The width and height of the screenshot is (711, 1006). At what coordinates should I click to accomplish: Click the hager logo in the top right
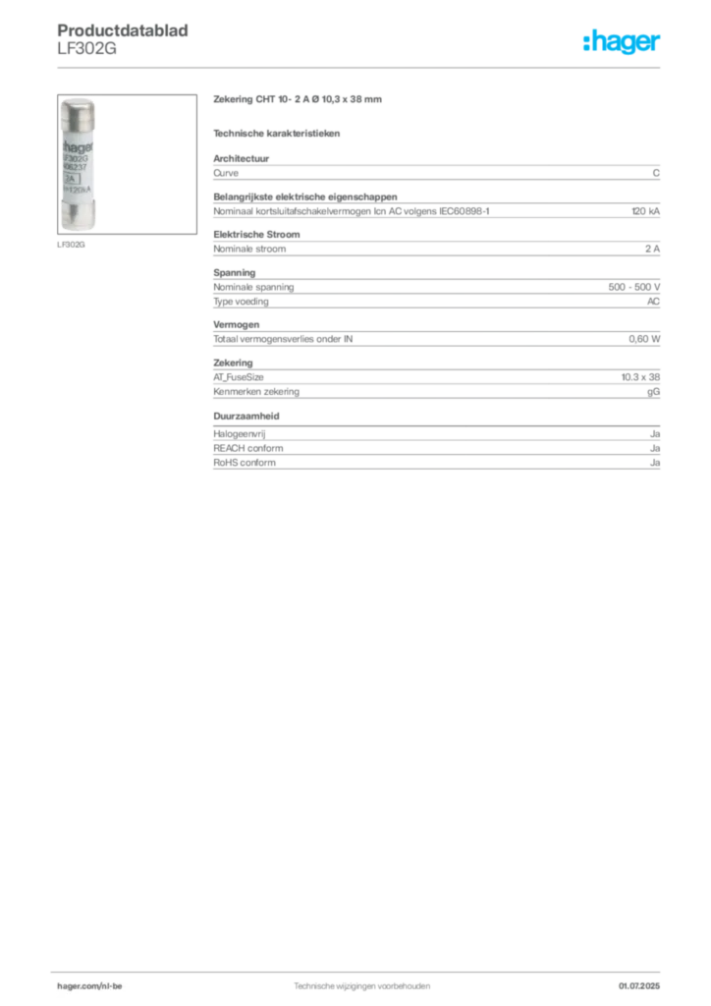(621, 41)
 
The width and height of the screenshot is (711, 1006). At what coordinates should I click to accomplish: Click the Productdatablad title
(123, 30)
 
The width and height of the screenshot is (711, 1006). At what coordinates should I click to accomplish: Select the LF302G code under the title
(86, 49)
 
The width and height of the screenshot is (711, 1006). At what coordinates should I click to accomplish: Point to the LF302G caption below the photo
(71, 245)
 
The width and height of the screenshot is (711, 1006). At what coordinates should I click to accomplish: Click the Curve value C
(656, 173)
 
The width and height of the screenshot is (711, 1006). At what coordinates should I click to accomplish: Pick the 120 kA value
(645, 211)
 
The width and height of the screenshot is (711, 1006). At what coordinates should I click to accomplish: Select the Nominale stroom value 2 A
(652, 249)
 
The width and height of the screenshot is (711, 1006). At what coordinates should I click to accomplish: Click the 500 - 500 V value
(634, 287)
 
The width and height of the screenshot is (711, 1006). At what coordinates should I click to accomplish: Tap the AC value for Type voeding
(653, 302)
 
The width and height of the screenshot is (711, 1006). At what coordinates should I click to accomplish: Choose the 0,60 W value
(644, 339)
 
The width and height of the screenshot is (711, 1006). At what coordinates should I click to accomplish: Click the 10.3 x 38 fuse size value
(640, 377)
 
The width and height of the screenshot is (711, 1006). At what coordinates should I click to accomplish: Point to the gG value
(653, 392)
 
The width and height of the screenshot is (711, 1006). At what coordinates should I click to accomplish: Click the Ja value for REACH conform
(655, 448)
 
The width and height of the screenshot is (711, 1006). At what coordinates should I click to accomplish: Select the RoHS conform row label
(245, 463)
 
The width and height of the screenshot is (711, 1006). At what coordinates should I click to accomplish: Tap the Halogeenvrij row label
(240, 434)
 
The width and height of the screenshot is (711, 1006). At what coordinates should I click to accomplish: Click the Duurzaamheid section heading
(246, 416)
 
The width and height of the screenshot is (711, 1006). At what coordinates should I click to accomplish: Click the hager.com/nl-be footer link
(89, 986)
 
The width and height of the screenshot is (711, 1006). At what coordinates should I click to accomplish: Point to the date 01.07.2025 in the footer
(639, 986)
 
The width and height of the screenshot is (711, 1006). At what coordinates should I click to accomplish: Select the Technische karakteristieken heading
(276, 134)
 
